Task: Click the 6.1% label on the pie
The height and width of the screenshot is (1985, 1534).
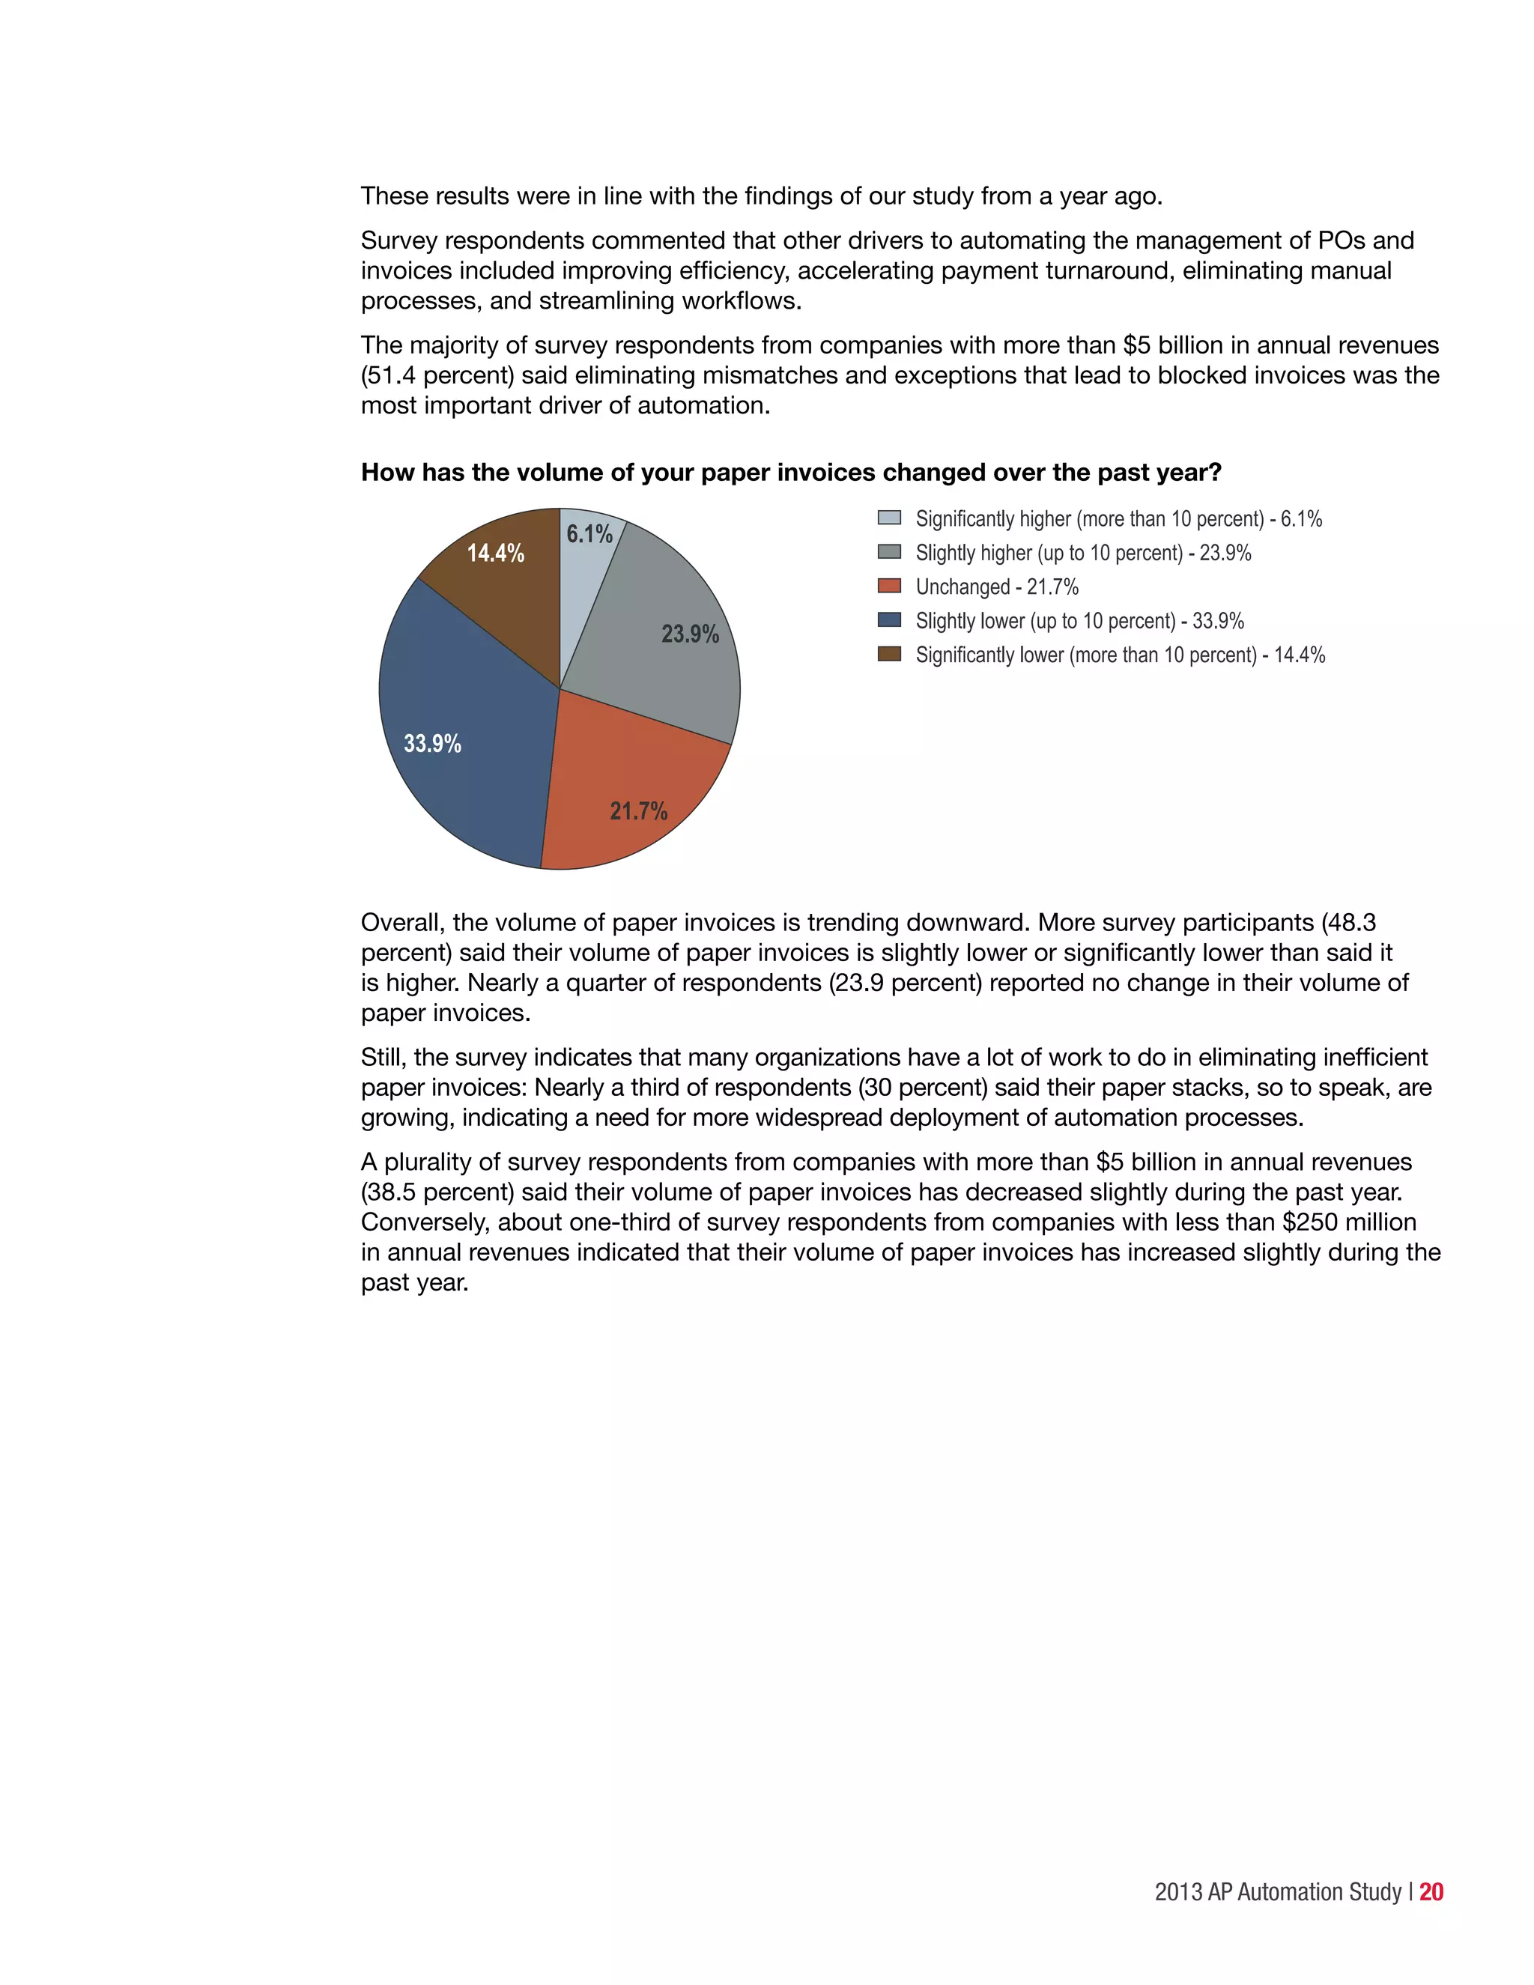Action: (x=589, y=534)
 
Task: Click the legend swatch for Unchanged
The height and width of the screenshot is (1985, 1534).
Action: (x=889, y=587)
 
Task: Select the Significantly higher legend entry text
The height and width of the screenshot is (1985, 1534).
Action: (x=1118, y=519)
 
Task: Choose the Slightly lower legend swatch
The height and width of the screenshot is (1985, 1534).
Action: (x=889, y=620)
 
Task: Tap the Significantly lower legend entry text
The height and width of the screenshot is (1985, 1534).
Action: (x=1120, y=655)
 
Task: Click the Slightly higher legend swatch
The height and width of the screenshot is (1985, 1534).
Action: (x=889, y=552)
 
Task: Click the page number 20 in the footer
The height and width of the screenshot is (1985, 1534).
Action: (x=1431, y=1891)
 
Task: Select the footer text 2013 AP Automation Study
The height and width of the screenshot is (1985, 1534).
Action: (x=1278, y=1892)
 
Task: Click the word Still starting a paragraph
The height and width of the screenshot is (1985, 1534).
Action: (x=382, y=1058)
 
